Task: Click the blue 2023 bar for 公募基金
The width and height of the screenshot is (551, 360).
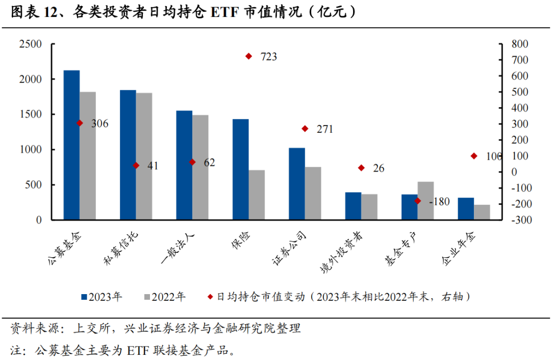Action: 71,145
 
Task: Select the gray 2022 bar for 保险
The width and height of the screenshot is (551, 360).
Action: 257,195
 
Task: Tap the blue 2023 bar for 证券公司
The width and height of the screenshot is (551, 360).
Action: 297,184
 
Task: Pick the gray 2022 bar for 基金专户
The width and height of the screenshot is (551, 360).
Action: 425,201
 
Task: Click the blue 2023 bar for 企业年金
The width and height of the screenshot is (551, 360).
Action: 466,209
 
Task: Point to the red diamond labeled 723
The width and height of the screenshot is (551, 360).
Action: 249,56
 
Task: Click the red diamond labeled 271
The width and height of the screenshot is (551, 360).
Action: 305,129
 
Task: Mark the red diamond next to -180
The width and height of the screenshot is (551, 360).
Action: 418,201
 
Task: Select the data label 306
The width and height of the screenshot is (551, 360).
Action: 99,124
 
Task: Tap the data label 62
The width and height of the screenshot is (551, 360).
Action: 209,162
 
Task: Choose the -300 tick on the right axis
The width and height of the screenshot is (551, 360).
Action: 515,220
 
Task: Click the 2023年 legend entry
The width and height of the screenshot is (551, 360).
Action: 102,297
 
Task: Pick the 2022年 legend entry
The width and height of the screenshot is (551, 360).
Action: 165,297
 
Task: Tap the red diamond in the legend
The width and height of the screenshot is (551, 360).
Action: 210,297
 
